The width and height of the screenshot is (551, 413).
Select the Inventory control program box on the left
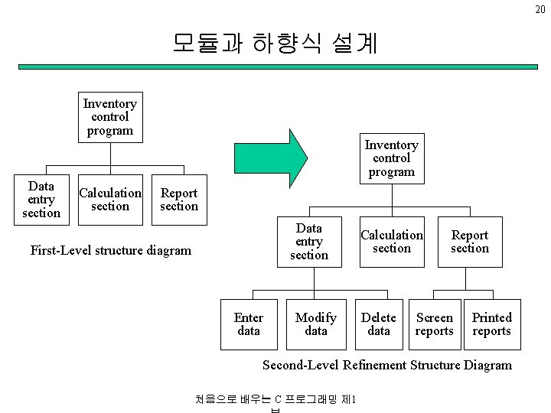tap(109, 117)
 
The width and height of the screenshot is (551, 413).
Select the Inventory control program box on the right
tap(391, 158)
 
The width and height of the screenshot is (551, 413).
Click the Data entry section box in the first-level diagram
tap(41, 200)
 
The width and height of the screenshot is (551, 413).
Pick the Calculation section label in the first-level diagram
tap(110, 200)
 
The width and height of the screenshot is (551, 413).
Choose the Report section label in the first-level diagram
tap(179, 200)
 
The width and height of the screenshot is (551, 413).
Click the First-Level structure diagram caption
tap(110, 250)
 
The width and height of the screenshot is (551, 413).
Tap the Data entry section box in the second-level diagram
tap(308, 242)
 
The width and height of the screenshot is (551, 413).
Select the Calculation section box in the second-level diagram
tap(391, 242)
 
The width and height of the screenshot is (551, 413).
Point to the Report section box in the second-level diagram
tap(469, 242)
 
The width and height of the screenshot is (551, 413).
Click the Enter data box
tap(249, 324)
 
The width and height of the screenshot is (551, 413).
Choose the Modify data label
tap(315, 324)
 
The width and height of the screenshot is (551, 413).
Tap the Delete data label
tap(379, 324)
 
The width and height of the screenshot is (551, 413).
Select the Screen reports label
tap(434, 324)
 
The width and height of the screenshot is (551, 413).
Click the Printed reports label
tap(491, 324)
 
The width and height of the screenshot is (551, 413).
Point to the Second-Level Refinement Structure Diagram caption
tap(386, 365)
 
